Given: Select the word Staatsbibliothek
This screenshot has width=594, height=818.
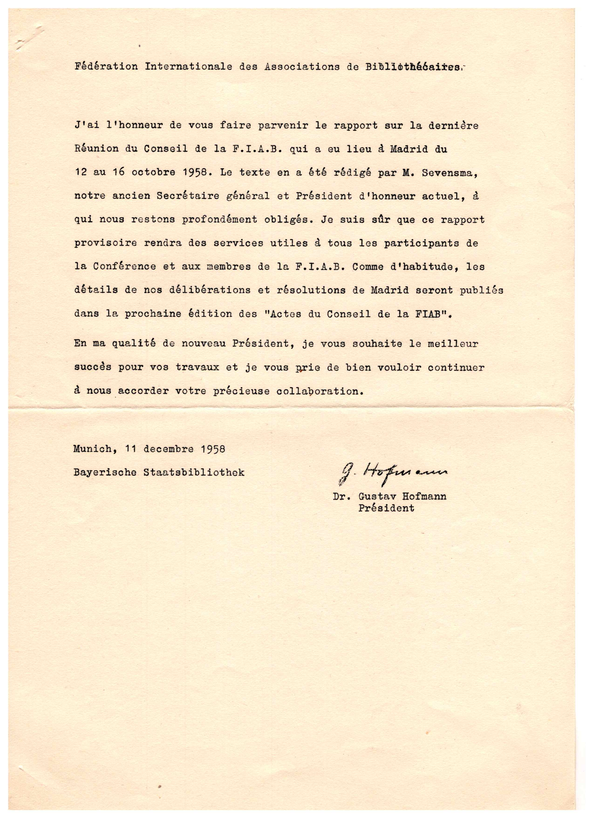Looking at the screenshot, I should point(194,472).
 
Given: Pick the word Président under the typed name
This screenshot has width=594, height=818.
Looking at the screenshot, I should point(386,509).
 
